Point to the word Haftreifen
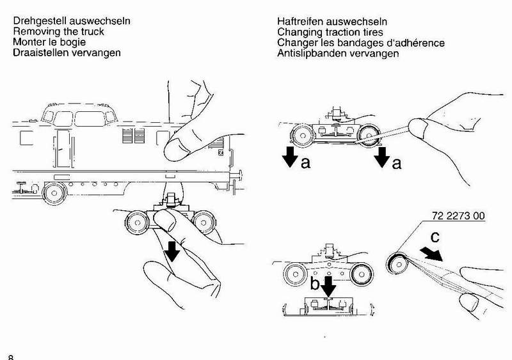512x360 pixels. pos(300,22)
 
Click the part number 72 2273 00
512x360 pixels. pos(458,215)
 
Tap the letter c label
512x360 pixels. pos(435,237)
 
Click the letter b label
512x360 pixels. pos(314,283)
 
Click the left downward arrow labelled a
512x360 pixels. pos(290,157)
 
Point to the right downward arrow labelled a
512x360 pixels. pos(381,157)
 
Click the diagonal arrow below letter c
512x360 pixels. pos(431,254)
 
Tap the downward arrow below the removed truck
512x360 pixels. pos(172,252)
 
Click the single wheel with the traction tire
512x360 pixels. pos(397,263)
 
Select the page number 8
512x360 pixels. pos(11,357)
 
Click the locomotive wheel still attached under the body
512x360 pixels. pos(54,194)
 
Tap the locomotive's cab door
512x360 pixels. pos(63,148)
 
